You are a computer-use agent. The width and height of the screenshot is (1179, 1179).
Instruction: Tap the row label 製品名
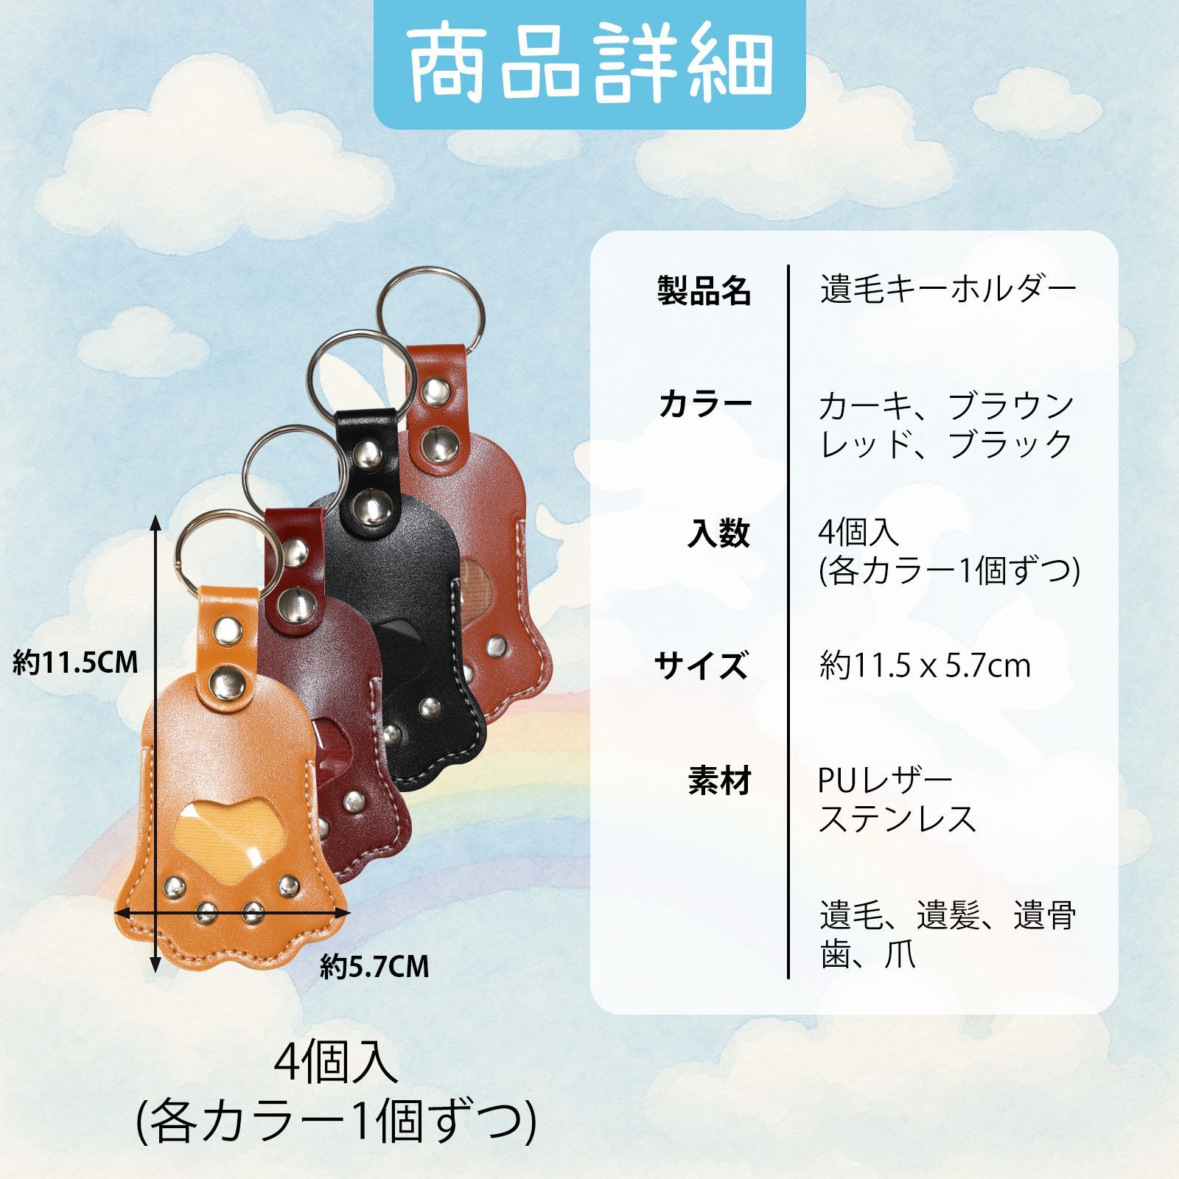click(x=704, y=291)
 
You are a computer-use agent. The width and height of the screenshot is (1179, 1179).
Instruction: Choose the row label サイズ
click(x=701, y=665)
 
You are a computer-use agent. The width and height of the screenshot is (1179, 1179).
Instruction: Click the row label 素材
click(x=719, y=780)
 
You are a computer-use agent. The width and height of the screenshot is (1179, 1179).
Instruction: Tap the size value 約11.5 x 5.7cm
click(x=925, y=666)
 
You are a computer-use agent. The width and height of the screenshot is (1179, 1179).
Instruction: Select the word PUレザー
click(x=885, y=780)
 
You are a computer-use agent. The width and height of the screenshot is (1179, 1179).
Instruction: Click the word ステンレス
click(x=898, y=819)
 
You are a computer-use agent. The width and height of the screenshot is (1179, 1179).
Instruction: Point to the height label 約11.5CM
click(x=76, y=663)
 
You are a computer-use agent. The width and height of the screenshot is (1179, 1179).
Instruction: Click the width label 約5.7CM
click(x=374, y=966)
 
